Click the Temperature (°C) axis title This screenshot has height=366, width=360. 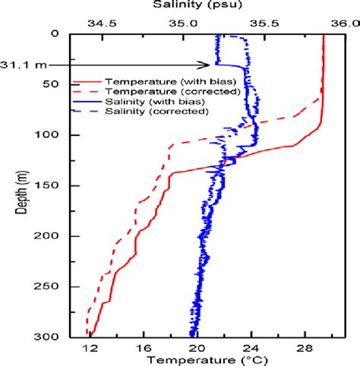198,359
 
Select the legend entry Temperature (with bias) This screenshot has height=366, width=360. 159,80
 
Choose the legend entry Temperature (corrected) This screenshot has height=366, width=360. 159,90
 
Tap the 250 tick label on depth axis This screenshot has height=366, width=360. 57,286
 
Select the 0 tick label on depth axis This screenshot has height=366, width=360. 65,34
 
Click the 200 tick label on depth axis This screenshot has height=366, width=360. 57,236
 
